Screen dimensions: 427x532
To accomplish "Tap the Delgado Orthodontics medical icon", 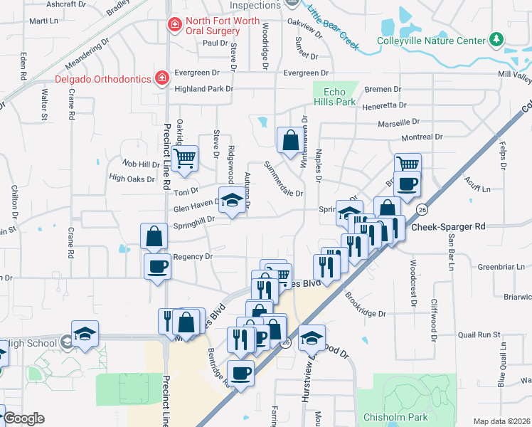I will [x=162, y=78].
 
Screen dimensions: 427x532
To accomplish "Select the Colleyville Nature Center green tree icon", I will [x=497, y=41].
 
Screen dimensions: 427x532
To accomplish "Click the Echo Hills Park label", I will [x=334, y=97].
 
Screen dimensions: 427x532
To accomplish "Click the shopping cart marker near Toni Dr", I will [x=184, y=158].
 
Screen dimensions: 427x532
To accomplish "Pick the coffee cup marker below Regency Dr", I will [x=157, y=267].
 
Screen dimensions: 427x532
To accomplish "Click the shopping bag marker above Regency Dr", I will [x=154, y=236].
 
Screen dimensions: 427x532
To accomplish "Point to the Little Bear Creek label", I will [x=333, y=28].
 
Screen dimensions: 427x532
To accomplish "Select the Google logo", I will [x=23, y=418].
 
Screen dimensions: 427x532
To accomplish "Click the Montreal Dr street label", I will [x=422, y=137].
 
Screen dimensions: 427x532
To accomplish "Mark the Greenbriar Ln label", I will [x=501, y=267].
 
